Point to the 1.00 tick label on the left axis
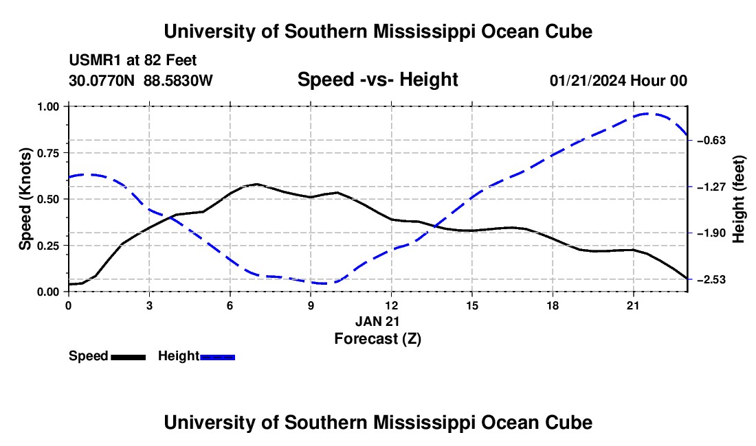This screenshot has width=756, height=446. pos(47,107)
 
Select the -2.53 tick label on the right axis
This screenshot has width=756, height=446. pos(711,279)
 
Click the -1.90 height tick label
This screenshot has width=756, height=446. pos(711,233)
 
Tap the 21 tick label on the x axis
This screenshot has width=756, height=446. pos(633,305)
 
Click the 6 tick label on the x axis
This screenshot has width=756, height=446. pos(230,305)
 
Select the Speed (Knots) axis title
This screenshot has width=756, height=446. pos(25,199)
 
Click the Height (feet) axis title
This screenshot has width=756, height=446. pos(739,199)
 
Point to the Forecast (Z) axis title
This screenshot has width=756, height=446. pos(377,339)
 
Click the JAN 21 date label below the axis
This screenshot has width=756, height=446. pos(377,321)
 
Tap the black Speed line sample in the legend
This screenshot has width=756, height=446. pos(129,357)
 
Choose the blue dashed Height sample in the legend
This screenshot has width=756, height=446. pos(217,357)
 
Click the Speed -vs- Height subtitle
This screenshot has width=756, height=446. pos(377,80)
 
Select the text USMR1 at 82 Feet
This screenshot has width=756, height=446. pos(133,60)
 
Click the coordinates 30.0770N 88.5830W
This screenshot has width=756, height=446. pos(140,80)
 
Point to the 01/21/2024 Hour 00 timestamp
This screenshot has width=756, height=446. pos(618,80)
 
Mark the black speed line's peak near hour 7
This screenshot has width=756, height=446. pos(257,184)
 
